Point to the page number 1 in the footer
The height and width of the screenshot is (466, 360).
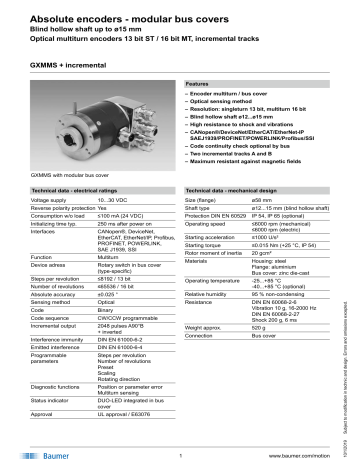pos(180,454)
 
